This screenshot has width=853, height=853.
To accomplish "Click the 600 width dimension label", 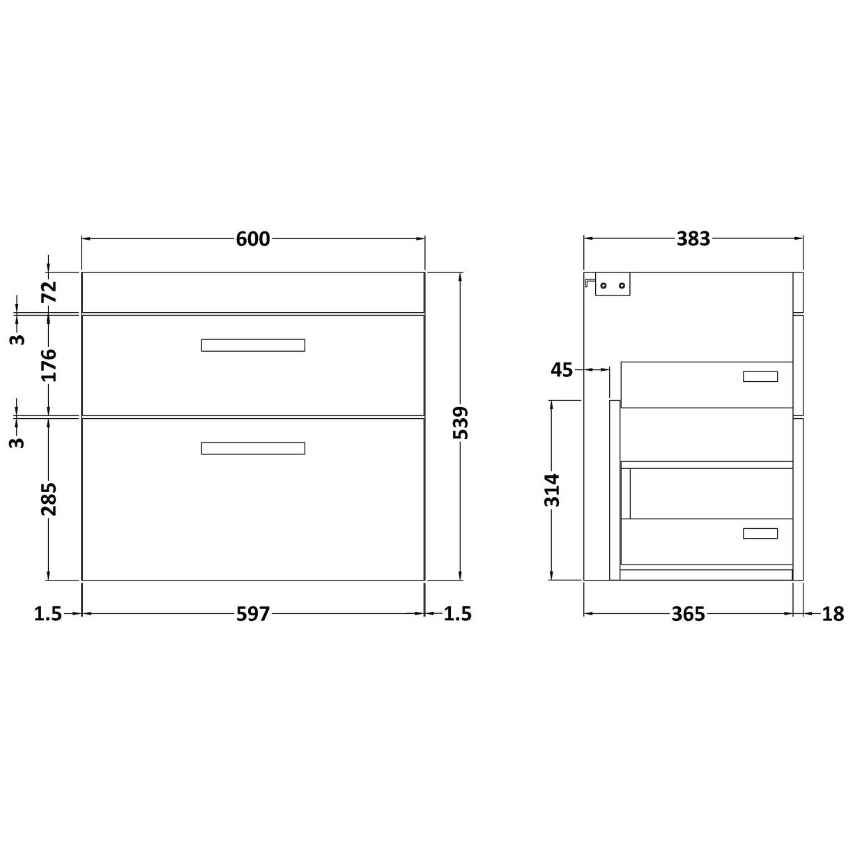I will click(252, 239).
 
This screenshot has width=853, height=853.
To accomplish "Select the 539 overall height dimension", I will click(461, 422).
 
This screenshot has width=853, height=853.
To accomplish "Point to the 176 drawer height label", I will click(49, 364).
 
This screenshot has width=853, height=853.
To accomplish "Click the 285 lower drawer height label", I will click(49, 499).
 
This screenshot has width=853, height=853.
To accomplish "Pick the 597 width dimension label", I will click(252, 614).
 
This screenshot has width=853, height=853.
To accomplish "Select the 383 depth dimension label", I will click(693, 239).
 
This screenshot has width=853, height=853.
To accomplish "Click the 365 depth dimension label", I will click(689, 614).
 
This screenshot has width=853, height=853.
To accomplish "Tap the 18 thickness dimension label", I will click(833, 614).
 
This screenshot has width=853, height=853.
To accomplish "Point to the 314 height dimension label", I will click(551, 490).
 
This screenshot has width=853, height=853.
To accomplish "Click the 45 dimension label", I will click(561, 370).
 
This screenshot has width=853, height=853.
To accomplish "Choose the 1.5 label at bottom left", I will click(48, 614).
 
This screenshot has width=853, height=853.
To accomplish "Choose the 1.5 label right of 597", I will click(457, 614).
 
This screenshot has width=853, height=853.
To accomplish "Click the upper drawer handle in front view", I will click(253, 345).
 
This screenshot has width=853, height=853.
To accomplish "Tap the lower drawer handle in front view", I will click(253, 448).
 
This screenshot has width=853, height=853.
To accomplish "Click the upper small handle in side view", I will click(760, 377).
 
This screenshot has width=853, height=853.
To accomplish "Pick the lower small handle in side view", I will click(760, 533).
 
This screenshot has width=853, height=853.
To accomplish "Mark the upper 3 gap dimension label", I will click(19, 339).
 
